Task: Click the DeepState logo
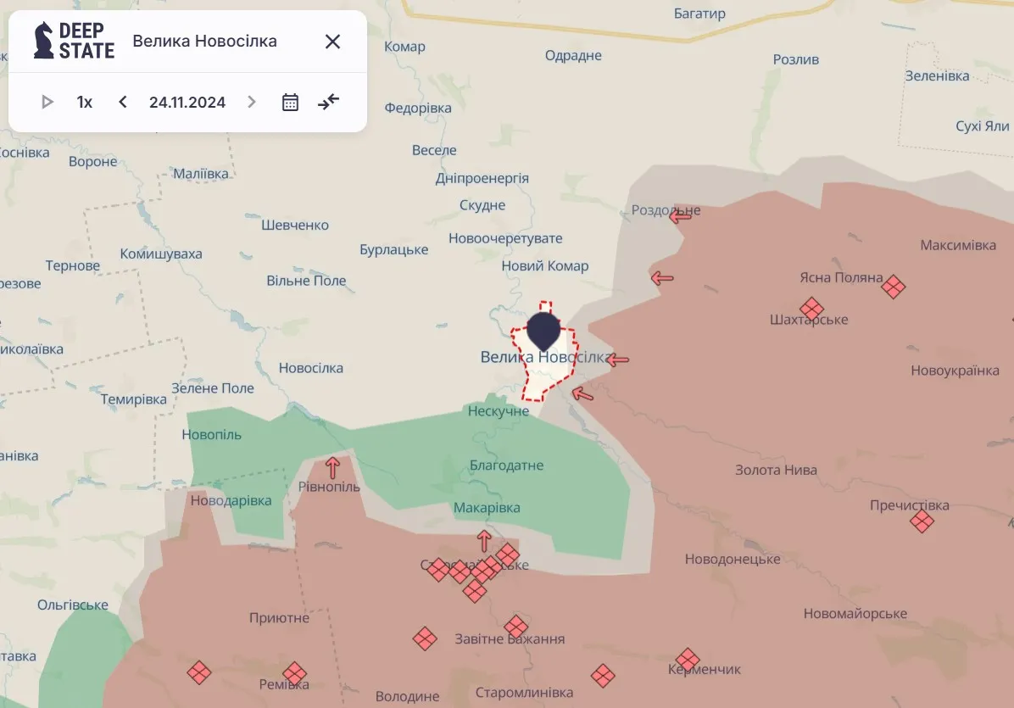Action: click(x=74, y=41)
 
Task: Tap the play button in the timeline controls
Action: click(x=47, y=103)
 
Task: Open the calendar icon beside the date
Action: click(x=290, y=103)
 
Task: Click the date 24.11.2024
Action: click(x=187, y=103)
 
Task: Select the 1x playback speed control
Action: click(x=85, y=103)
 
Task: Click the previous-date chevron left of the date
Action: click(x=123, y=103)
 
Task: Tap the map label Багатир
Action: click(x=700, y=14)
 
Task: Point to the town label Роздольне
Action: click(x=666, y=210)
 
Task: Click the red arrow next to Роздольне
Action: click(x=680, y=216)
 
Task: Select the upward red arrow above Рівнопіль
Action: click(x=332, y=466)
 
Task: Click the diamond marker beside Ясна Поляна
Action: click(x=893, y=287)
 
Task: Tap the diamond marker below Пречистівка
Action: click(x=922, y=521)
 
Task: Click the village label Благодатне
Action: click(x=506, y=465)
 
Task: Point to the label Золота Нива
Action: click(x=776, y=470)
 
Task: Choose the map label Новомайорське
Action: click(x=855, y=613)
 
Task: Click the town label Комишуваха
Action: click(x=161, y=254)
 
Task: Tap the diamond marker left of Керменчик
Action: click(x=688, y=659)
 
